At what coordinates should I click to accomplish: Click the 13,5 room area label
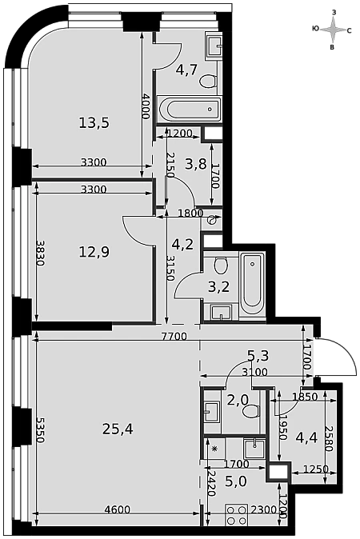click(x=94, y=122)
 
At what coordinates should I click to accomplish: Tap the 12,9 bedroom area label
click(x=94, y=252)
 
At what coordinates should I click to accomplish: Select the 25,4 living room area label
click(x=118, y=429)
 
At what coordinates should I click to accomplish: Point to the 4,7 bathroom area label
click(x=186, y=70)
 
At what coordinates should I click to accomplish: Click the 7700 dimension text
click(x=174, y=336)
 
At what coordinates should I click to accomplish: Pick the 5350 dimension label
click(x=41, y=430)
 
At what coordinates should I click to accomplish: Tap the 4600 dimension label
click(x=118, y=509)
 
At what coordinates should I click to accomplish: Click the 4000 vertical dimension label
click(x=146, y=106)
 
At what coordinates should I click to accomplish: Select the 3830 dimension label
click(x=40, y=253)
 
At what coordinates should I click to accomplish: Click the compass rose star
click(x=333, y=30)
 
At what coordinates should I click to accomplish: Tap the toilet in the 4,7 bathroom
click(x=208, y=82)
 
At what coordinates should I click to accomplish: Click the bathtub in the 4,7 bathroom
click(x=190, y=109)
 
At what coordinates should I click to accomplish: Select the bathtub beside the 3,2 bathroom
click(x=252, y=284)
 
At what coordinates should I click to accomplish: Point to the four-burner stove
click(x=237, y=514)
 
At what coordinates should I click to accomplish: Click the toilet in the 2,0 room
click(x=250, y=411)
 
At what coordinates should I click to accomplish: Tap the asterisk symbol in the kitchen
click(x=215, y=449)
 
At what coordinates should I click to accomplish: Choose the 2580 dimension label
click(x=330, y=439)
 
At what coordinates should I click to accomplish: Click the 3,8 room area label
click(x=196, y=164)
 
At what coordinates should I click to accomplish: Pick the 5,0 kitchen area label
click(x=236, y=481)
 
